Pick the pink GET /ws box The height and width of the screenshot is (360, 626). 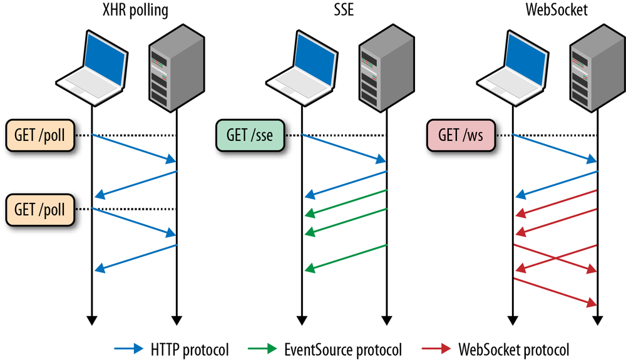click(x=461, y=135)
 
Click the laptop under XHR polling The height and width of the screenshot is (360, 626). click(x=91, y=66)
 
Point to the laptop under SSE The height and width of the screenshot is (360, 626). click(x=302, y=66)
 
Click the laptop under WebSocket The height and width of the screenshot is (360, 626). click(x=512, y=66)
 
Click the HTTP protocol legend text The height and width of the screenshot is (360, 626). click(x=190, y=348)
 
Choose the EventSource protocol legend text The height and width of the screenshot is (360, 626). click(x=341, y=348)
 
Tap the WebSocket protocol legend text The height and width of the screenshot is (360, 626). click(x=514, y=348)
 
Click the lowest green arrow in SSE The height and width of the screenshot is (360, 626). click(x=346, y=257)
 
